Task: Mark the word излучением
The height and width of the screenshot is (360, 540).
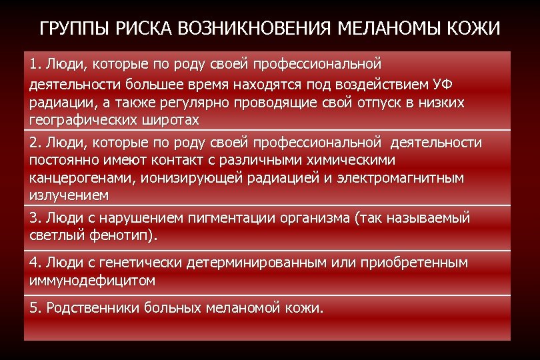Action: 69,195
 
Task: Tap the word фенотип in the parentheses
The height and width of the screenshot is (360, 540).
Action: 115,235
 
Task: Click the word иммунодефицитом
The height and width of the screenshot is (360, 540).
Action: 92,280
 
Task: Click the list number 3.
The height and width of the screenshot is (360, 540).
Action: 34,218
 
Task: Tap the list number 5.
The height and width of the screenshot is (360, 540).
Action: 34,308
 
